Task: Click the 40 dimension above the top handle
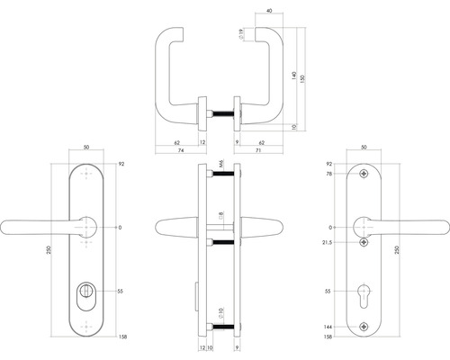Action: (271, 13)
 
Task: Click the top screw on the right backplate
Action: (364, 174)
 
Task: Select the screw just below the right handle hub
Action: (364, 242)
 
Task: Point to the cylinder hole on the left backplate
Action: (86, 293)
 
